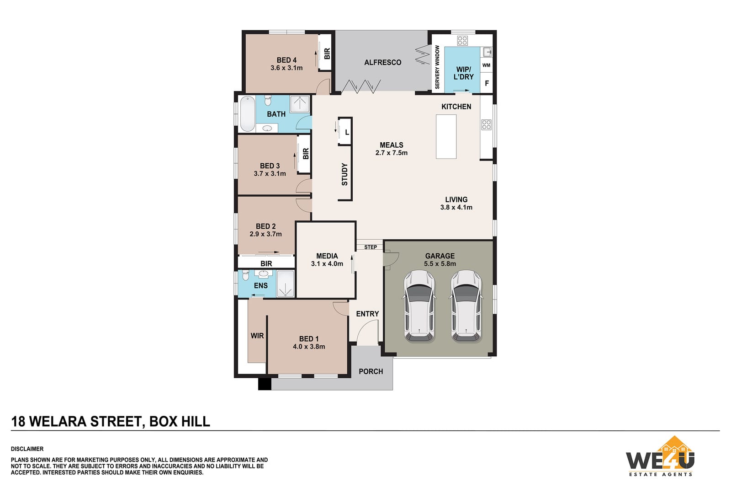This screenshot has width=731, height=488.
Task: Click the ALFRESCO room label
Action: [x=382, y=62]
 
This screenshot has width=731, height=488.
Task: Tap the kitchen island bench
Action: [x=446, y=137]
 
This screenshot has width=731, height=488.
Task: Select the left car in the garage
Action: [x=419, y=306]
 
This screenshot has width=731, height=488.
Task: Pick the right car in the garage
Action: [x=466, y=306]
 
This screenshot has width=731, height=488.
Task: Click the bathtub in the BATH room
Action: [x=247, y=114]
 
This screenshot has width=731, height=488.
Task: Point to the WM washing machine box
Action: [x=486, y=65]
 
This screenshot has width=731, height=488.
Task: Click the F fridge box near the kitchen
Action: [x=487, y=83]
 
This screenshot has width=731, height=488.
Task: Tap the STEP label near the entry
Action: [x=371, y=247]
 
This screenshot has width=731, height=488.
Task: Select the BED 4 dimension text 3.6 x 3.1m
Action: [x=286, y=68]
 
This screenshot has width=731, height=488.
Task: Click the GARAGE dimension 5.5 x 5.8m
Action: [x=440, y=263]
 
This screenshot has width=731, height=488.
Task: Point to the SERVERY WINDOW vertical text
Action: [x=437, y=67]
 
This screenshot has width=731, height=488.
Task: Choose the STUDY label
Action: [x=344, y=174]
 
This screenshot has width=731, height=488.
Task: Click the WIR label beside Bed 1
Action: [x=257, y=336]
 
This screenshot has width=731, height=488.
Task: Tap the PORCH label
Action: [x=371, y=371]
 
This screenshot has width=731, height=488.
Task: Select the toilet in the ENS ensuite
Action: [x=246, y=275]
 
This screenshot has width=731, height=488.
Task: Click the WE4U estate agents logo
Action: [x=660, y=456]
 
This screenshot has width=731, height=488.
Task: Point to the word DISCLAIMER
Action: [x=27, y=449]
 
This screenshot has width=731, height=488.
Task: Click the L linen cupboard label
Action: [x=347, y=133]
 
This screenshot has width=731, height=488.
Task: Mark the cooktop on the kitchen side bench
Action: [x=486, y=125]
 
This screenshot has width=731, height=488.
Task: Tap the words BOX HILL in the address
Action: [x=180, y=421]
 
